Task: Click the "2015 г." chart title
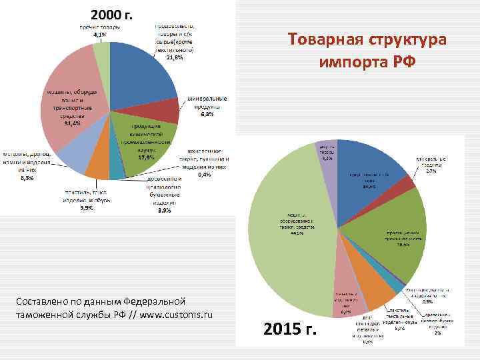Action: (x=293, y=329)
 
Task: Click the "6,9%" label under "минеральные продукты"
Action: (x=207, y=115)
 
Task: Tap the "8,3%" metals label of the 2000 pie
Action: (x=27, y=178)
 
